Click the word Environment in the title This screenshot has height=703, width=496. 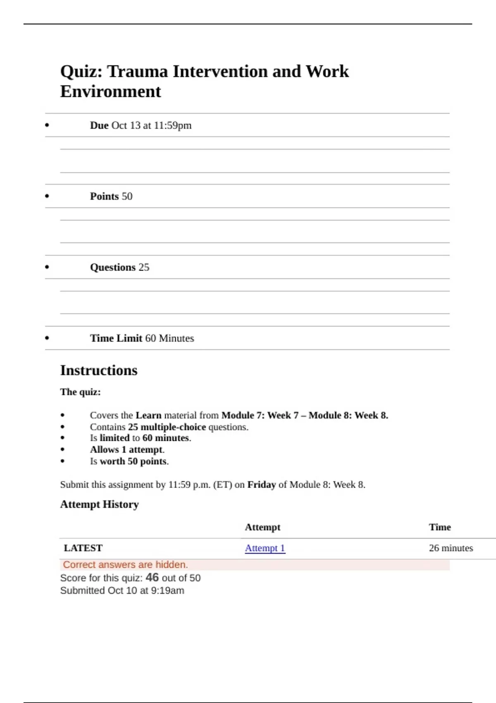(110, 92)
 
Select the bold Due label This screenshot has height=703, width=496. (99, 125)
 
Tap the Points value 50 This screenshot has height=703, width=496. (127, 196)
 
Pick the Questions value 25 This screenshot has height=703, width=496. (144, 268)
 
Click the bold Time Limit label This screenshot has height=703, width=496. (116, 338)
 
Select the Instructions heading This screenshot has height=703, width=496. (99, 371)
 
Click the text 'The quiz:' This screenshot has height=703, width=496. (81, 392)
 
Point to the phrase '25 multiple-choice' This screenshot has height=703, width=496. (167, 427)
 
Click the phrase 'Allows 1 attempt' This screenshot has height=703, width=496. (126, 450)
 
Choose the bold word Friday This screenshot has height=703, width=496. (261, 485)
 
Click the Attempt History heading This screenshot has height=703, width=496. (99, 505)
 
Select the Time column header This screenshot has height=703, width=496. (440, 527)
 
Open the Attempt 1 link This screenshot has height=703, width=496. (265, 548)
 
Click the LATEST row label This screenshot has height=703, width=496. (83, 548)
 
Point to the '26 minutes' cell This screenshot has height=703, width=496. (451, 548)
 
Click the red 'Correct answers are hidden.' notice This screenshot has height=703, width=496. (125, 565)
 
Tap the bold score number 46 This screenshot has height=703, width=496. (152, 577)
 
